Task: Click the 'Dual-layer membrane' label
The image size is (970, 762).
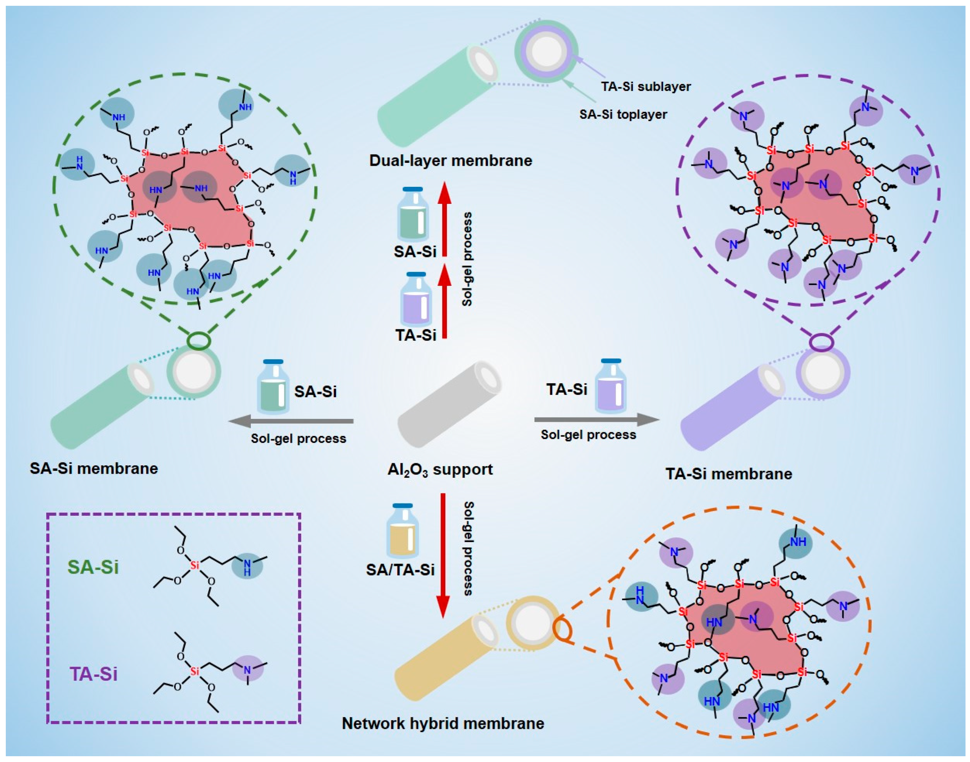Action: point(450,161)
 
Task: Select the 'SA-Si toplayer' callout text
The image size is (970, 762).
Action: point(623,115)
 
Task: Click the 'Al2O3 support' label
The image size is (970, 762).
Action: point(440,470)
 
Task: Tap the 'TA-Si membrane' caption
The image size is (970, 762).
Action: point(729,474)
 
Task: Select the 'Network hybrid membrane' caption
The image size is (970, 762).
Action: point(443,723)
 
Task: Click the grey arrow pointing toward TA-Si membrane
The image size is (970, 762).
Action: point(596,419)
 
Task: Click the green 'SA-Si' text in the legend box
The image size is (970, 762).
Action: point(93,567)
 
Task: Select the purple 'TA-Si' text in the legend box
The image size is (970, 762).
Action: point(93,674)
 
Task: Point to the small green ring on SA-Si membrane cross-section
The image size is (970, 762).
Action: point(198,341)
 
